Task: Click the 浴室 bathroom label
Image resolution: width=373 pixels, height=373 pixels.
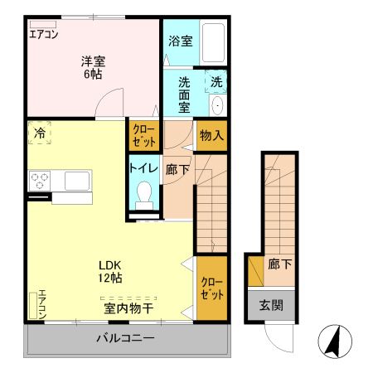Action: [181, 40]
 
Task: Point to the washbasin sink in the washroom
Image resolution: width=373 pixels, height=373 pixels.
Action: [216, 105]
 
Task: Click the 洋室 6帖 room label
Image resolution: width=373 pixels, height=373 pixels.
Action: [91, 66]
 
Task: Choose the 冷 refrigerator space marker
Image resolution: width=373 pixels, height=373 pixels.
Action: [40, 133]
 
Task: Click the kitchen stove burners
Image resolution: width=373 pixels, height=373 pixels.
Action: [41, 180]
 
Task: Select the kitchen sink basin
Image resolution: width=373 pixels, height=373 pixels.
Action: [76, 180]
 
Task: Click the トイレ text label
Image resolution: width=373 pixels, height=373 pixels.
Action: [142, 168]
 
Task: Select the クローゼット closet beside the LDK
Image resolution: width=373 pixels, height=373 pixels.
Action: [211, 288]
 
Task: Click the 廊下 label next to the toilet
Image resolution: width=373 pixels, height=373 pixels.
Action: [176, 167]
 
